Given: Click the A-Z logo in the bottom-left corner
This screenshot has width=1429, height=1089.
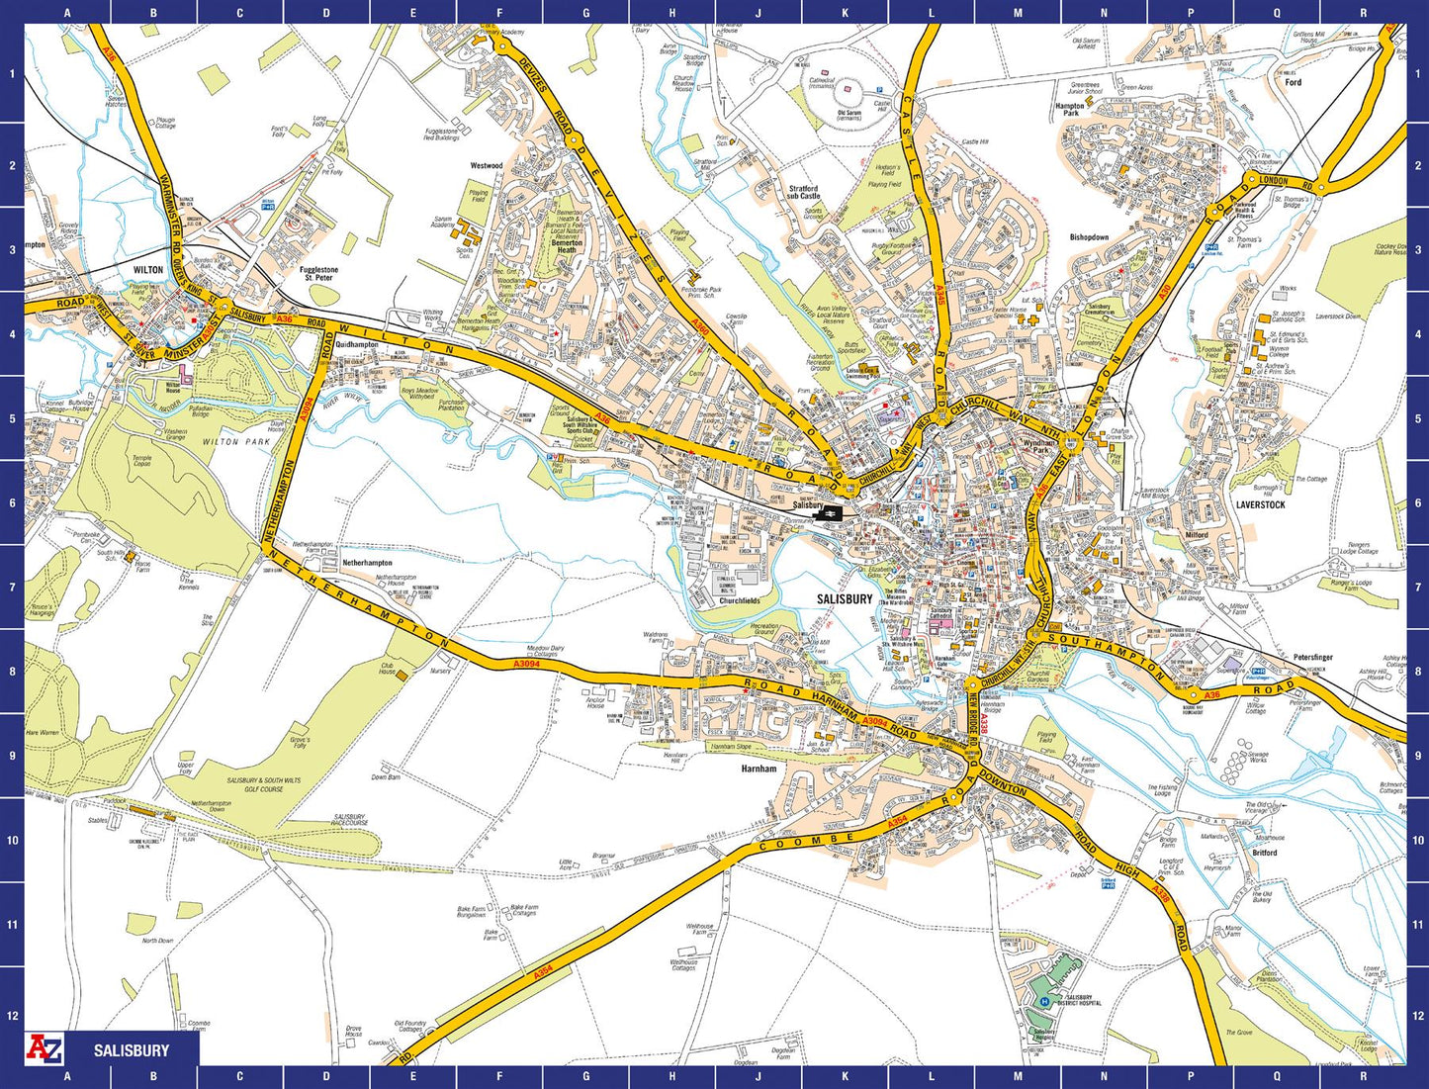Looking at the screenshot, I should click(44, 1049).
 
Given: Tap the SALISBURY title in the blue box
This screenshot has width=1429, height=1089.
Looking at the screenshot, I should click(132, 1050).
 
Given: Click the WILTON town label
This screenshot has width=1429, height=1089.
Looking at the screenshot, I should click(148, 269).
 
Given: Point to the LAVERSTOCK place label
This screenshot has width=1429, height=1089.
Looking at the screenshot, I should click(1260, 504).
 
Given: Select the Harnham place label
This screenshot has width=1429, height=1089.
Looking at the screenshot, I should click(759, 769).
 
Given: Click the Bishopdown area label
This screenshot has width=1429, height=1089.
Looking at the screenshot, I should click(1089, 237).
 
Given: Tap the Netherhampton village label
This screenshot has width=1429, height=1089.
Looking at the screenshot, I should click(367, 563).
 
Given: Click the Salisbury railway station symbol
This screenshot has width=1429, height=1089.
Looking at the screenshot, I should click(832, 512).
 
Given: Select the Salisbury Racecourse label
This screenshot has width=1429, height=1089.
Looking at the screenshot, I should click(349, 820).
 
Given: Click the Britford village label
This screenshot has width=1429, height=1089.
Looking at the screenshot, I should click(1264, 853).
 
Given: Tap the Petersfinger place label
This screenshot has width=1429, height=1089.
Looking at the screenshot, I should click(1313, 657).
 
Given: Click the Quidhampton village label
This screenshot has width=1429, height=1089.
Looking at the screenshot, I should click(357, 344).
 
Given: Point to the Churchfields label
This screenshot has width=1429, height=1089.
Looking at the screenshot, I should click(739, 600).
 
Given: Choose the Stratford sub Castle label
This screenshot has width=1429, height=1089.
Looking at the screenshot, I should click(803, 192).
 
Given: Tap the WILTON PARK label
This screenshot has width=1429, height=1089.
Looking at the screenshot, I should click(235, 442).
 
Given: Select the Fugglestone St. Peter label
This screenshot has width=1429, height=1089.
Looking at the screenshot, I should click(318, 274).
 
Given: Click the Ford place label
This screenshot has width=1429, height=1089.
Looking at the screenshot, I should click(1293, 82).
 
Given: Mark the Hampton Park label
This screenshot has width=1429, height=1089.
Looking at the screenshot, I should click(1069, 109).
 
